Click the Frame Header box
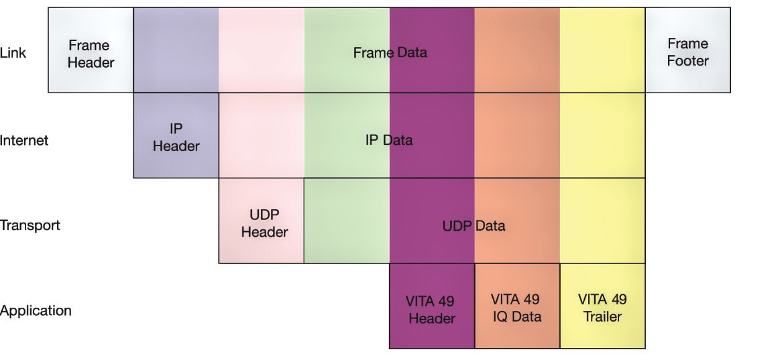(x=91, y=50)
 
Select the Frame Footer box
(x=688, y=50)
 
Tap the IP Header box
(x=176, y=135)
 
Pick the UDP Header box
(x=262, y=221)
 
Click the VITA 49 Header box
(x=432, y=306)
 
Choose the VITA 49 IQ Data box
(x=517, y=306)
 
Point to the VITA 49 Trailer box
(x=602, y=306)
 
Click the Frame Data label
(x=390, y=52)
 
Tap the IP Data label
(x=389, y=139)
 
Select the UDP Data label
(x=473, y=226)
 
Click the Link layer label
(x=13, y=53)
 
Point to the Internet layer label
(x=24, y=140)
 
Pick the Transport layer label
(x=30, y=225)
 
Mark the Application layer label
(x=36, y=311)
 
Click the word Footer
(x=688, y=60)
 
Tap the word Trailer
(x=602, y=316)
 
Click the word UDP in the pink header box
(x=264, y=215)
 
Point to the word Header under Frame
(x=91, y=62)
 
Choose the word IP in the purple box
(x=176, y=129)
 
